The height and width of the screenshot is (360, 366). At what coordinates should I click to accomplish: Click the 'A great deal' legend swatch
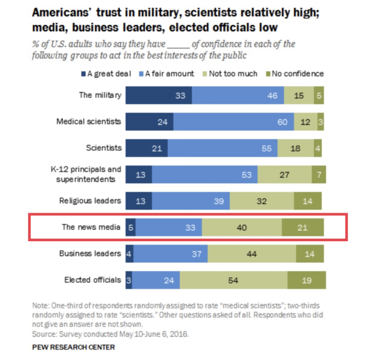(x=83, y=74)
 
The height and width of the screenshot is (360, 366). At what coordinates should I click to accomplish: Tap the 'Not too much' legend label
(x=234, y=74)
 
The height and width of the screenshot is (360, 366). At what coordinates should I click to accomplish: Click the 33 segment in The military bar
(x=158, y=95)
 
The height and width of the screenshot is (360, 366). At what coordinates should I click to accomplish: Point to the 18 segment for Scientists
(x=295, y=148)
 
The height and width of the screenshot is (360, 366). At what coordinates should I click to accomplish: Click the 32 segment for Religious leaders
(x=261, y=201)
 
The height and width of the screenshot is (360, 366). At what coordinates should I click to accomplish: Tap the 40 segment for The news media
(x=242, y=228)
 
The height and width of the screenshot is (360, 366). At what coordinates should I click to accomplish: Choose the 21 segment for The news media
(x=303, y=228)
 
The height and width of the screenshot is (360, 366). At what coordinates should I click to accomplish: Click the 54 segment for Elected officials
(x=233, y=280)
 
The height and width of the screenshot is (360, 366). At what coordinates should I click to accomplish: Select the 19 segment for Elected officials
(x=307, y=280)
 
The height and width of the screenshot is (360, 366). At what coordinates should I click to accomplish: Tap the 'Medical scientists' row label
(x=89, y=122)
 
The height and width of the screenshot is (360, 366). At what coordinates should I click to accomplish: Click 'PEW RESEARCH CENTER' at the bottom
(x=74, y=346)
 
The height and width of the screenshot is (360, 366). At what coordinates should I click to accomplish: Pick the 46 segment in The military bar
(x=238, y=95)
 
